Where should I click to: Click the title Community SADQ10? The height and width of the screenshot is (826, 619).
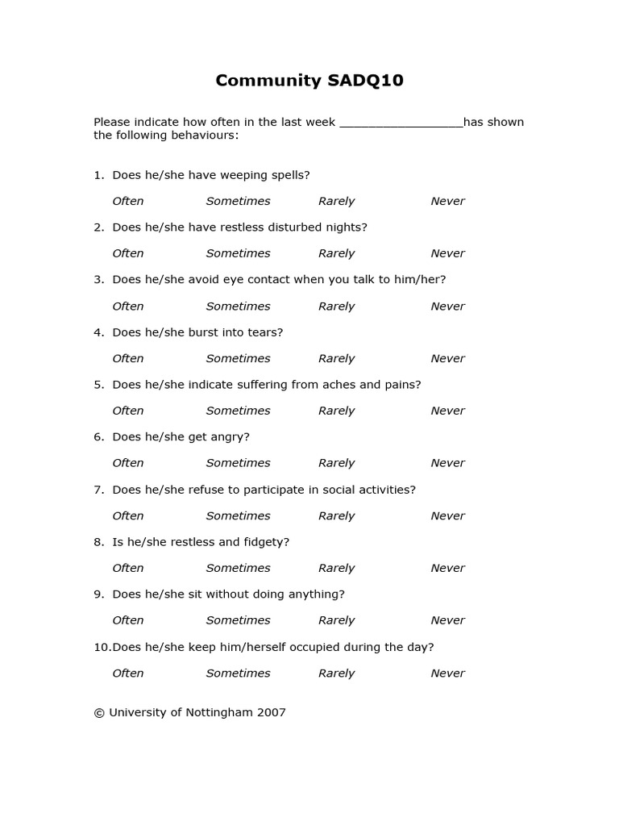309,81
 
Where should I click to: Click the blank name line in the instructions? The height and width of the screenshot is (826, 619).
401,123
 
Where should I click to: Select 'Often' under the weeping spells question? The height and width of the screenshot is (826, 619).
127,201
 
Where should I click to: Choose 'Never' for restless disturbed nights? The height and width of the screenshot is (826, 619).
447,253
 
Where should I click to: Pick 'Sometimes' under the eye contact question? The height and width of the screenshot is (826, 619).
238,307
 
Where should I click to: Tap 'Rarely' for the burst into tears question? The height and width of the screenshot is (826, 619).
336,358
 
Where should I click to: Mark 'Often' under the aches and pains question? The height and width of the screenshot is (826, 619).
127,411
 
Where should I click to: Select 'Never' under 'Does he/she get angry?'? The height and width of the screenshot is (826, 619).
447,463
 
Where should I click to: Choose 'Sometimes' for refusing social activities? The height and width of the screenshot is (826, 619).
238,515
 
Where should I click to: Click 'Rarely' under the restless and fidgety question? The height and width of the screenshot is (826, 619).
336,568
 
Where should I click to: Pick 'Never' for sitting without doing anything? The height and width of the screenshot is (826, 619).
447,620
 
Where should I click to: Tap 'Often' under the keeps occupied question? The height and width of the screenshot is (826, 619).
127,673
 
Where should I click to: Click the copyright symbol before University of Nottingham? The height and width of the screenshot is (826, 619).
99,713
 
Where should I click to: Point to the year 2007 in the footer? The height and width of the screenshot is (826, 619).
270,713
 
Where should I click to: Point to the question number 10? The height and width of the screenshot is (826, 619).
101,647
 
